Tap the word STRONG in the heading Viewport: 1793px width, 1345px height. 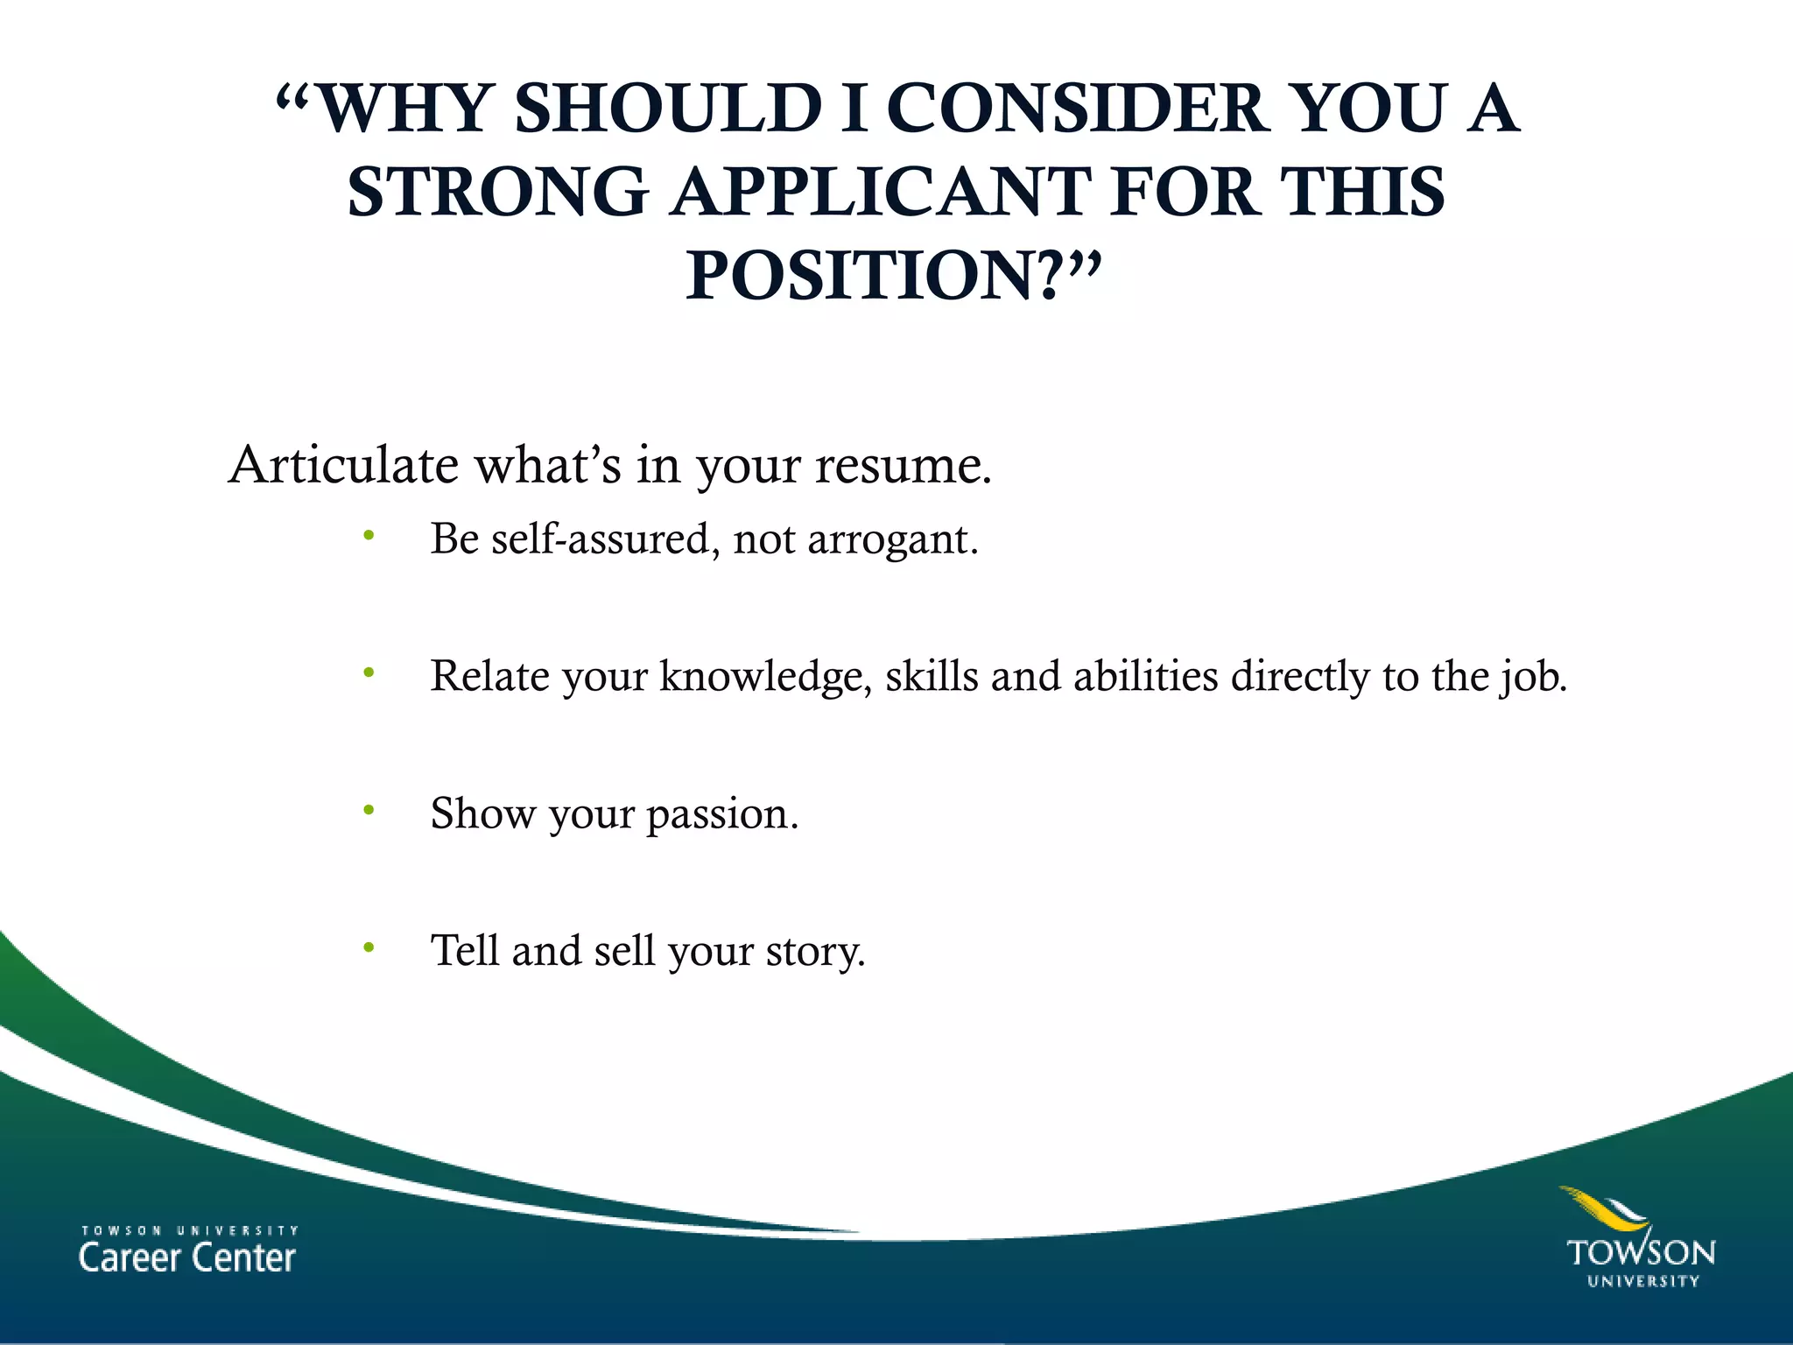coord(497,192)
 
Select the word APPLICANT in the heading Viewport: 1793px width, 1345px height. coord(882,192)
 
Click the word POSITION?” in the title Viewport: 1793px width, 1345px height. coord(892,275)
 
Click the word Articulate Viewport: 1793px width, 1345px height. coord(343,464)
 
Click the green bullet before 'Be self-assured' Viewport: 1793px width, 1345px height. coord(369,536)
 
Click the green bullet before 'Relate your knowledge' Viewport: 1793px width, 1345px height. coord(369,673)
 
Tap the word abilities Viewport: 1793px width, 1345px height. coord(1145,676)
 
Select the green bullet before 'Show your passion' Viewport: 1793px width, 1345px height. coord(369,811)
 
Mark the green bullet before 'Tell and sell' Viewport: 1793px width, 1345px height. coord(369,947)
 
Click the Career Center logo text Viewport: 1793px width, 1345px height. coord(187,1257)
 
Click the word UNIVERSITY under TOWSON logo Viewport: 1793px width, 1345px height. coord(1643,1281)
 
